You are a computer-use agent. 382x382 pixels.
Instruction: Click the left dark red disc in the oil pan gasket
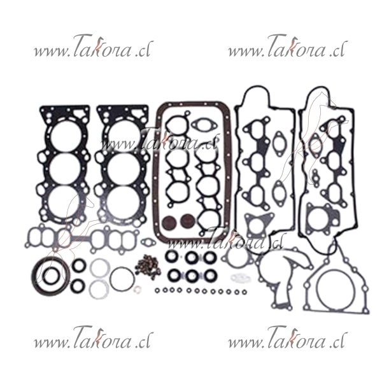(x=169, y=222)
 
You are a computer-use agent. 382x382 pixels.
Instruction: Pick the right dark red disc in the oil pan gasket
(x=188, y=221)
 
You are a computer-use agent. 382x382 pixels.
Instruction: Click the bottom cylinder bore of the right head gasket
(x=124, y=203)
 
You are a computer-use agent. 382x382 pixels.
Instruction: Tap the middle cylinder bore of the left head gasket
(x=65, y=169)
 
